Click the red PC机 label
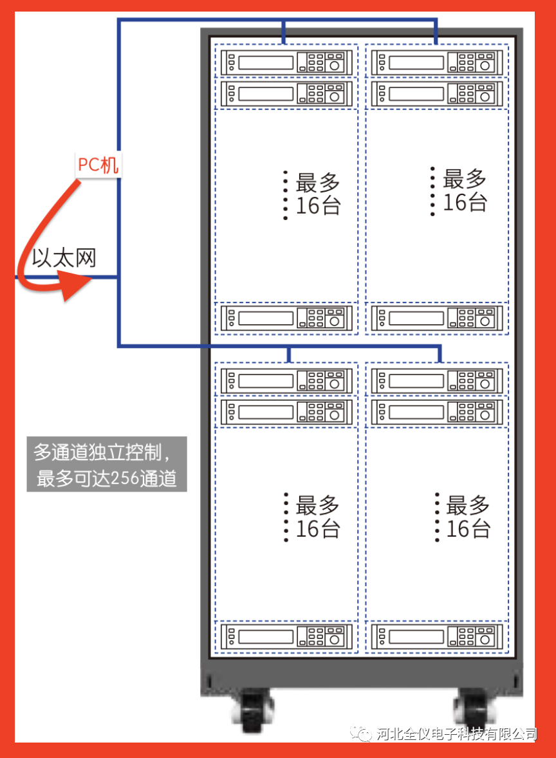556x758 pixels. [98, 165]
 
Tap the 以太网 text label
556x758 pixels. [64, 259]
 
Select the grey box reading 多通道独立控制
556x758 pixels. [107, 464]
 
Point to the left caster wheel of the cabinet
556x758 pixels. [255, 710]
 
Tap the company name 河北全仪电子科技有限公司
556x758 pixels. [456, 734]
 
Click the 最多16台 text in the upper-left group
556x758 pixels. [318, 194]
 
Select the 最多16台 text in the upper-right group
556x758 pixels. [465, 190]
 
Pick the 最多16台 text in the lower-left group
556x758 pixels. [318, 517]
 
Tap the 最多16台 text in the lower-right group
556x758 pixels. [468, 517]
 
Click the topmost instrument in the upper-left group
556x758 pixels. [286, 62]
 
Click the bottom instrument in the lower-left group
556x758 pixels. [286, 636]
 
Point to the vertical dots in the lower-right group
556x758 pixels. [437, 517]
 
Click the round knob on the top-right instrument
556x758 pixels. [485, 64]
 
